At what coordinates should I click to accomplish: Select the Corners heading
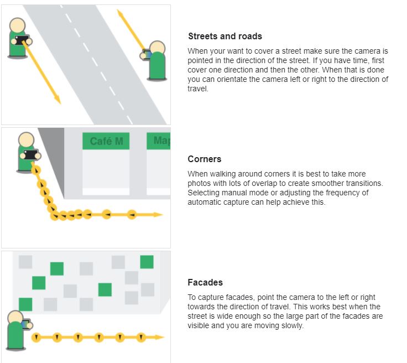(205, 159)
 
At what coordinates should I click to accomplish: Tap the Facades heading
(205, 282)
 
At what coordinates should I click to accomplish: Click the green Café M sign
(106, 141)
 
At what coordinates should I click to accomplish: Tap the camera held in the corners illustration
(31, 154)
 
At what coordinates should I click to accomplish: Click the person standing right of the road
(157, 62)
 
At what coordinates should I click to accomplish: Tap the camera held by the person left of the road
(22, 40)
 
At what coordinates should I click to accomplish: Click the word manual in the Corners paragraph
(232, 193)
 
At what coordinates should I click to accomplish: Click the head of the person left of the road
(18, 25)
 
